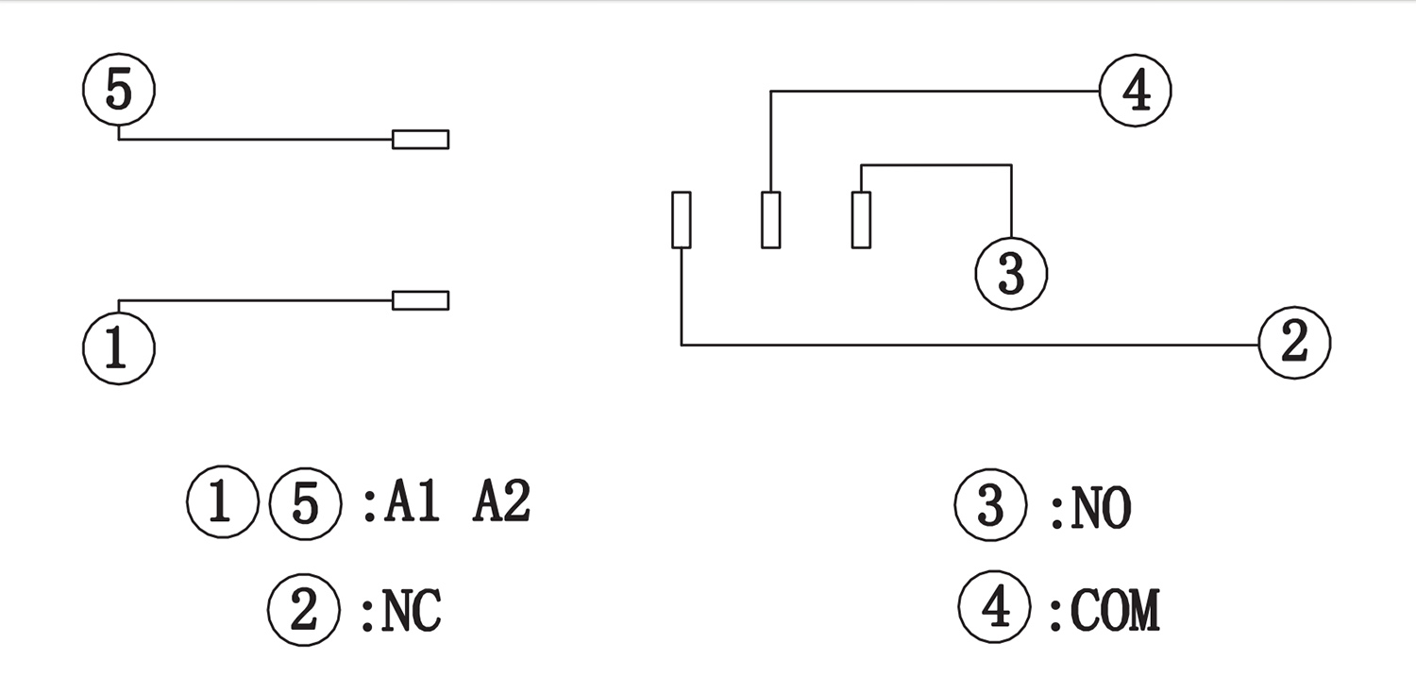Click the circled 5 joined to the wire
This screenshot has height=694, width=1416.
[118, 91]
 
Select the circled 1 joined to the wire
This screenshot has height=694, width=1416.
[118, 348]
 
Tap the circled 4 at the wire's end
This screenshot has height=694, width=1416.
[1136, 92]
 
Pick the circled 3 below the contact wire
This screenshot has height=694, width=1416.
[1011, 273]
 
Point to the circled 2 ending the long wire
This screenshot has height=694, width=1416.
[1294, 342]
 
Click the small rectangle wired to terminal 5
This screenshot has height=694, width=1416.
[420, 140]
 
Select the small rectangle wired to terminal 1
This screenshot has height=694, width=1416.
[420, 300]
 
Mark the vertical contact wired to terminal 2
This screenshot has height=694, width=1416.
[681, 220]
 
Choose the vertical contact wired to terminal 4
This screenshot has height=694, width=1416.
[771, 220]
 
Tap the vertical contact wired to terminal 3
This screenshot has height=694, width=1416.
[861, 220]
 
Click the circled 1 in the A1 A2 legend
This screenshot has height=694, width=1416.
[222, 502]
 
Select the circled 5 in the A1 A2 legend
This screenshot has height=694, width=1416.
[304, 502]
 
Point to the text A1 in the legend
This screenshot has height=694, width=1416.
[413, 504]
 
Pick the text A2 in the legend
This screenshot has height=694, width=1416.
[501, 504]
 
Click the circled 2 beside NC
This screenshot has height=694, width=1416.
[304, 611]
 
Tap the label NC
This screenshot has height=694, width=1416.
[412, 613]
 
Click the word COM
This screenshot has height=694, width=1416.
[1115, 610]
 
